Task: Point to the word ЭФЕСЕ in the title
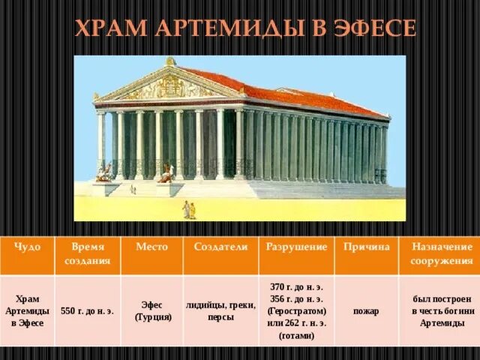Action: pos(374,29)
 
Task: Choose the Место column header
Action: pos(152,247)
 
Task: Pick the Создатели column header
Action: pos(220,247)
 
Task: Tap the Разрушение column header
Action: pos(296,247)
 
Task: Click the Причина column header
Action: pos(367,247)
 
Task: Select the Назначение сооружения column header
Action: pos(441,253)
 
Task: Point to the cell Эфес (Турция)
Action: pos(152,310)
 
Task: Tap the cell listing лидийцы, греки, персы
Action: pos(220,310)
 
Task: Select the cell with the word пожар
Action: pos(367,310)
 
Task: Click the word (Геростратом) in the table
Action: pos(296,310)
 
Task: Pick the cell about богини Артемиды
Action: pos(441,310)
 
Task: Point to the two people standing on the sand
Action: pos(189,210)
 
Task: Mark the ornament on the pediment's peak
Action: pos(171,61)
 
